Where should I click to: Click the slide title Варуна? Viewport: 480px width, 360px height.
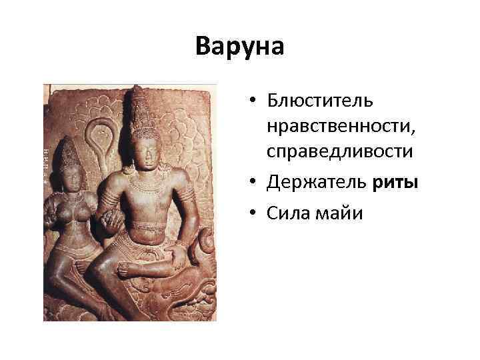(240, 47)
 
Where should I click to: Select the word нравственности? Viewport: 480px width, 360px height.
(339, 126)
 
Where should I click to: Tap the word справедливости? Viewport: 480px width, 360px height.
(340, 151)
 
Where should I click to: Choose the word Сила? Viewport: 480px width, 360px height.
(285, 214)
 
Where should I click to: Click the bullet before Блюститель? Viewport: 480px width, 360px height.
(255, 101)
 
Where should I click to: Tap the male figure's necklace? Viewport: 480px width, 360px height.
(142, 181)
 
